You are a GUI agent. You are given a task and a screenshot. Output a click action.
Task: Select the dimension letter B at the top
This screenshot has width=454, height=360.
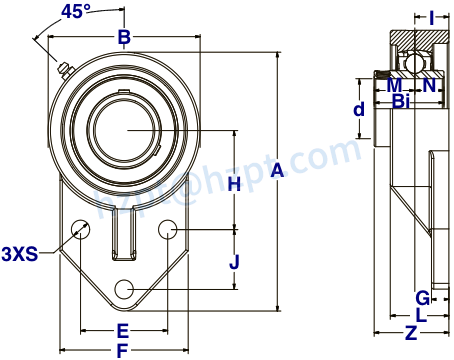(x=125, y=39)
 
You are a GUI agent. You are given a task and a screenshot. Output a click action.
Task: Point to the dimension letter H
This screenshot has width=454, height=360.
(x=234, y=184)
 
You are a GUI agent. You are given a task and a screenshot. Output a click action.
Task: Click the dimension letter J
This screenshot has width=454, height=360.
(x=234, y=263)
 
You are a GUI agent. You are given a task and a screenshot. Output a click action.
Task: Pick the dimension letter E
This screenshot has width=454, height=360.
(x=123, y=331)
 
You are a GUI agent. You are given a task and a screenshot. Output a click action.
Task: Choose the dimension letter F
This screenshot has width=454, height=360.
(x=123, y=350)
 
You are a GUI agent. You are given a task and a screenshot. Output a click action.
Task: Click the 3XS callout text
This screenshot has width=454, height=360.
(x=20, y=254)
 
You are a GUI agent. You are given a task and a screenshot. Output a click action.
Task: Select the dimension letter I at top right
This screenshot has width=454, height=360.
(x=430, y=17)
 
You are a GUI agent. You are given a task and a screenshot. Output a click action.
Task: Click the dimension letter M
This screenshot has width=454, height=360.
(x=394, y=86)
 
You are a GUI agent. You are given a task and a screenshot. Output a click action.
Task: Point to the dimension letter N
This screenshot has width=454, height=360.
(x=429, y=86)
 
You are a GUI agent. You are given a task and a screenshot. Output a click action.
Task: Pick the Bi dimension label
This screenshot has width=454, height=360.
(x=400, y=101)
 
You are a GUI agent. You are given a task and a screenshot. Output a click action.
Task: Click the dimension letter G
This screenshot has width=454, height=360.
(x=422, y=297)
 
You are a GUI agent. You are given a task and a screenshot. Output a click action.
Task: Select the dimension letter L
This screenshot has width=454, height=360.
(x=422, y=314)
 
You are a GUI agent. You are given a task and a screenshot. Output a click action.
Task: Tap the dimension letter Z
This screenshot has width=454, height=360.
(x=410, y=333)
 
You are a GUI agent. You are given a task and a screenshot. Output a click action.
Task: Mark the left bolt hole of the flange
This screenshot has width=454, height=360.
(x=80, y=229)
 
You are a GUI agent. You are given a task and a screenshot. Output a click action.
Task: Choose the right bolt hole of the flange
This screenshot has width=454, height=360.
(x=167, y=229)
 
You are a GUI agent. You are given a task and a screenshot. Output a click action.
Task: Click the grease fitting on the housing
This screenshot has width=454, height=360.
(x=63, y=68)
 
